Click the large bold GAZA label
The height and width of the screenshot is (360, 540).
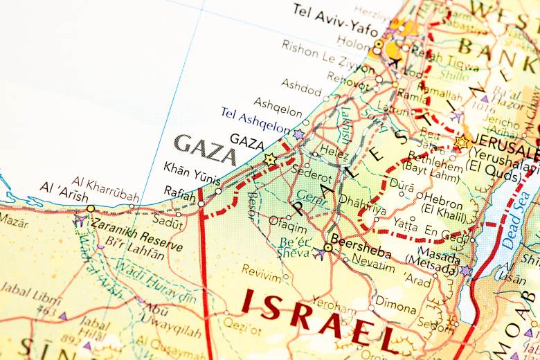point(205,147)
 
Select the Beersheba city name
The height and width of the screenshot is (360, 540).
point(360,247)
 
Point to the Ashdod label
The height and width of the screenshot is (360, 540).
point(302,87)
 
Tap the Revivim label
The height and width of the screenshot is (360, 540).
point(262,271)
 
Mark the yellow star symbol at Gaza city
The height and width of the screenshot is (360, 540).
point(270,160)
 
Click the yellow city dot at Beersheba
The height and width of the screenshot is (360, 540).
point(327,247)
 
